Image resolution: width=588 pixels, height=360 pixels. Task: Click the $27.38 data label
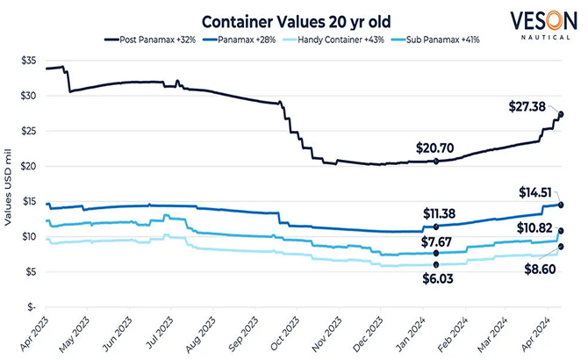tap(528, 106)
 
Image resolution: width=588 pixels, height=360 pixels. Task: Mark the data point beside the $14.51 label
tap(561, 205)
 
